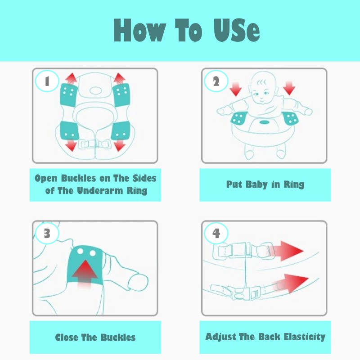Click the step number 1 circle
pyautogui.click(x=47, y=81)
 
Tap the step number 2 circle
pyautogui.click(x=216, y=81)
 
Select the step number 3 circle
pyautogui.click(x=47, y=233)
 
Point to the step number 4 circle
pyautogui.click(x=216, y=233)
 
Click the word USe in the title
pyautogui.click(x=237, y=30)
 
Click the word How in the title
pyautogui.click(x=139, y=30)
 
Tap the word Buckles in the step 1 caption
pyautogui.click(x=78, y=178)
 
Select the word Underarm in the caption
pyautogui.click(x=100, y=190)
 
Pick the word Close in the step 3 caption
pyautogui.click(x=67, y=337)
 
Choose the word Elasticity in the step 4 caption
pyautogui.click(x=305, y=337)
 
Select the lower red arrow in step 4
pyautogui.click(x=290, y=283)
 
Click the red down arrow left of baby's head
pyautogui.click(x=235, y=89)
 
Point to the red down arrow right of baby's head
pyautogui.click(x=289, y=88)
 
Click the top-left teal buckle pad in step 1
pyautogui.click(x=68, y=95)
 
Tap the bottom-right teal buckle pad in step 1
pyautogui.click(x=121, y=131)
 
